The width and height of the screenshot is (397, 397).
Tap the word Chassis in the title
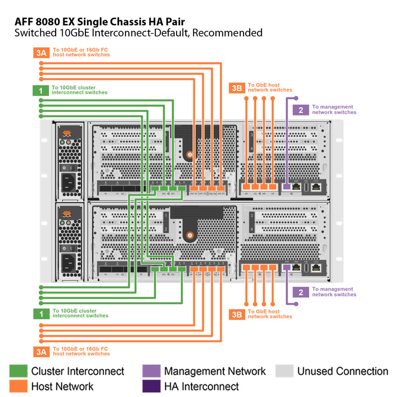coord(123,22)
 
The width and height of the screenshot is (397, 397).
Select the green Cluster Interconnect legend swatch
coord(18,371)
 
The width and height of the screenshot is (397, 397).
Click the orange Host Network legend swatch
coord(18,386)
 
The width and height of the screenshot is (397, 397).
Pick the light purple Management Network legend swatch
coord(151,371)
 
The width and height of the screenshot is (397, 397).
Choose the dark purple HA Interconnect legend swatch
coord(151,386)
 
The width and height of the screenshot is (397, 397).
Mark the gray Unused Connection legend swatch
coord(284,371)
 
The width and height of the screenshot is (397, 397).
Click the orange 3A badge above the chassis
coord(42,53)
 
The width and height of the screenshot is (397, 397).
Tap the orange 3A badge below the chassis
coord(42,351)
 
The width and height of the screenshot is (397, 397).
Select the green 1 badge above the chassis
coord(41,90)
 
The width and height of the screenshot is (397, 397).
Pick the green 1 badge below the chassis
coord(41,314)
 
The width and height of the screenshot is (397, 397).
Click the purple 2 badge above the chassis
coord(301,110)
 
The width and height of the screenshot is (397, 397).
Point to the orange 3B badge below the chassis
coord(237,314)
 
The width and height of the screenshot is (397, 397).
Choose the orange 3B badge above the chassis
coord(237,88)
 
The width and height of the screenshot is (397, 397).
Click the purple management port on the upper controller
coord(287,187)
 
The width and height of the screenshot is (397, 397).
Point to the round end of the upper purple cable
coord(296,98)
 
